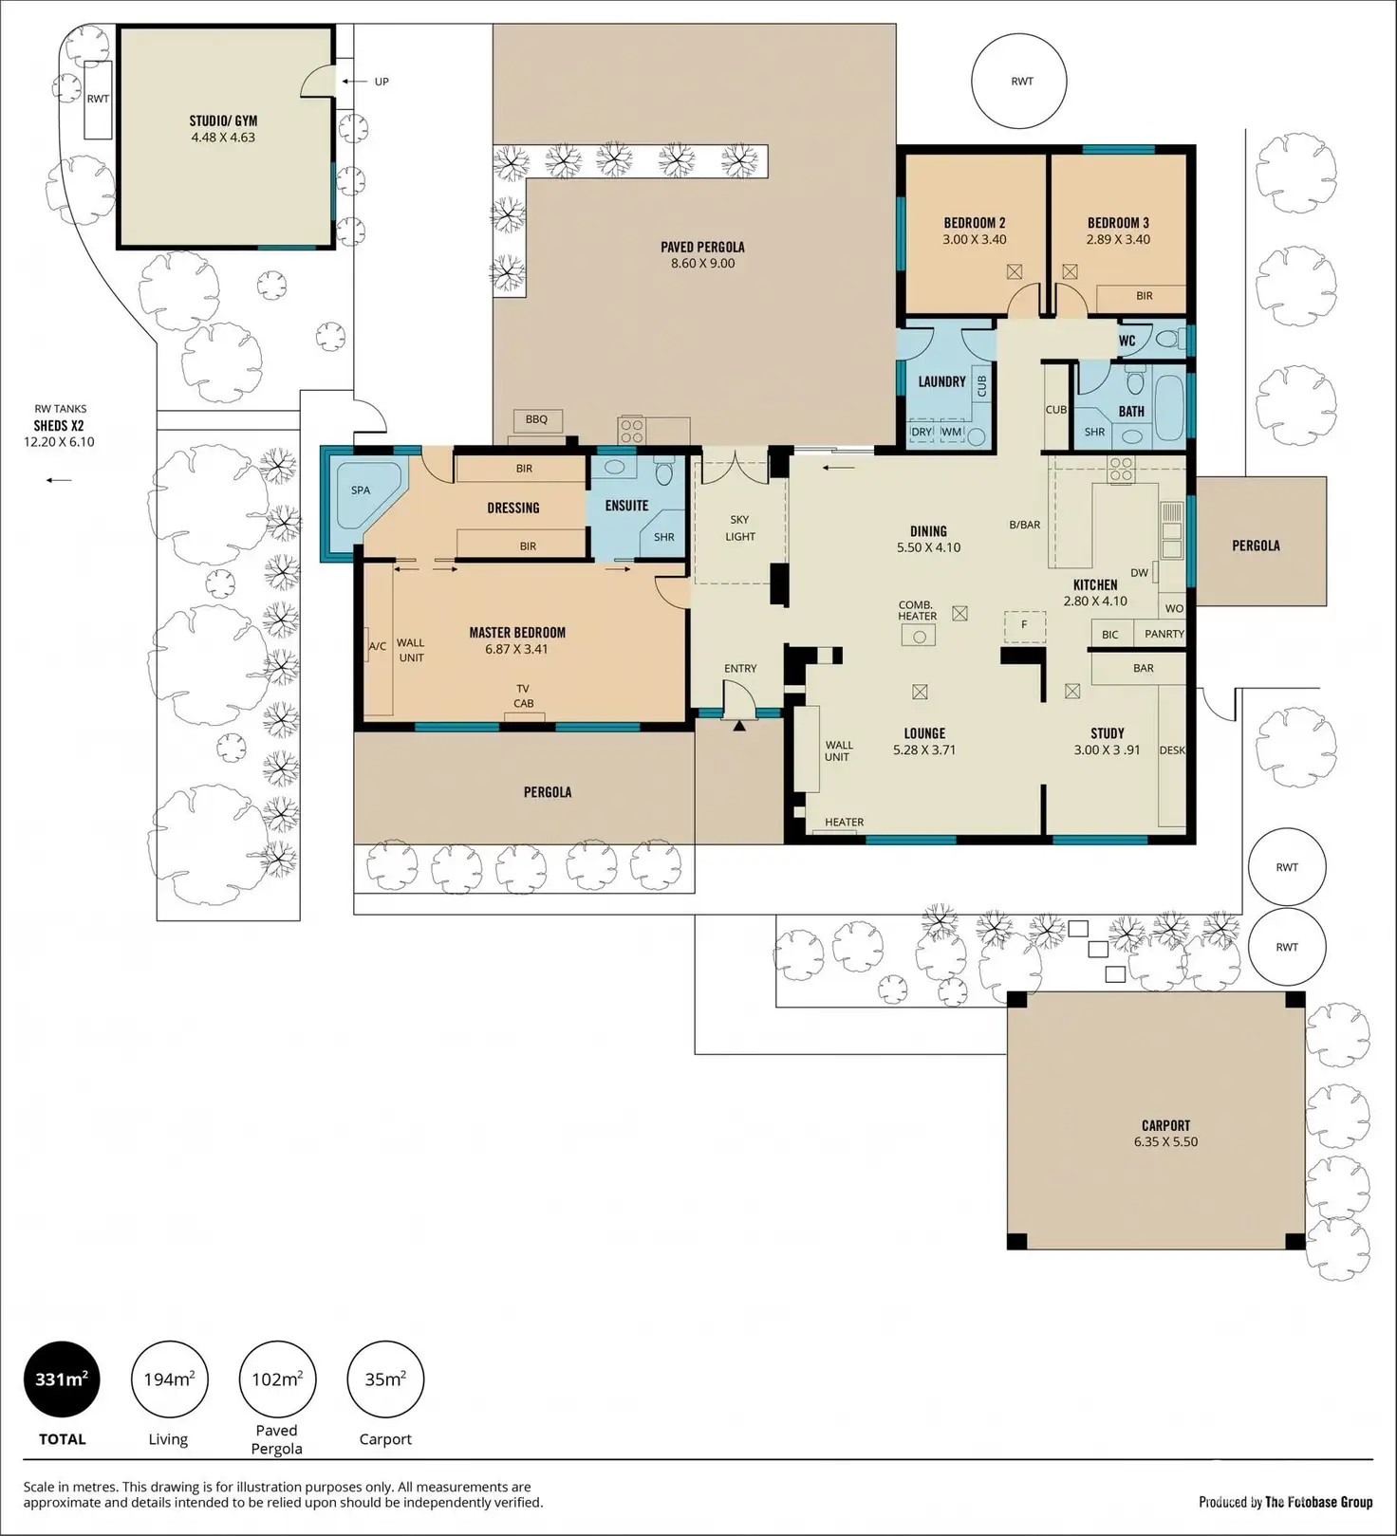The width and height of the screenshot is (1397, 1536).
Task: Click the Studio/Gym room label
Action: (223, 120)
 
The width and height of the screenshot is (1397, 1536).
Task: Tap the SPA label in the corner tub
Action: (361, 490)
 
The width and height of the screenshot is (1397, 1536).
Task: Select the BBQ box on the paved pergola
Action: (537, 419)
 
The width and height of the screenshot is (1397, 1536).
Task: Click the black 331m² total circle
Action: (62, 1379)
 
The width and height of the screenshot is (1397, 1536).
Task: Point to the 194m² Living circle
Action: (169, 1379)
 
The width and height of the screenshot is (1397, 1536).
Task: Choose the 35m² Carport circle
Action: (385, 1379)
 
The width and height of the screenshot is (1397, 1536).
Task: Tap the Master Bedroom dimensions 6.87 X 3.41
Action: (517, 650)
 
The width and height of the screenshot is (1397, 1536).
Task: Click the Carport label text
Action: (1165, 1125)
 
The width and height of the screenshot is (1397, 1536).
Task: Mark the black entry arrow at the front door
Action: (739, 726)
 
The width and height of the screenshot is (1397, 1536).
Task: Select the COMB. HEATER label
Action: (918, 610)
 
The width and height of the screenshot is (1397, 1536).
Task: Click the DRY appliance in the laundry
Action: (922, 432)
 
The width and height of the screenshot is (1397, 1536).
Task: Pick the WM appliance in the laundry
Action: (951, 432)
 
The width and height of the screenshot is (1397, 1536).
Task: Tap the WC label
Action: (1127, 341)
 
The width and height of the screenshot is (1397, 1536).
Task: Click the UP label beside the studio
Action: (382, 82)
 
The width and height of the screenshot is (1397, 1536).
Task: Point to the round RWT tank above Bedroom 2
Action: (1019, 82)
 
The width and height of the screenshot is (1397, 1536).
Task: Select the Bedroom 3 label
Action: (1118, 223)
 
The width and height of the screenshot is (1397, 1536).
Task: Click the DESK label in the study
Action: (1172, 750)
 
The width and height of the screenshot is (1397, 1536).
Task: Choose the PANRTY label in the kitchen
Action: (1164, 634)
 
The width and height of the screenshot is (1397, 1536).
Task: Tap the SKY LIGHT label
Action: (740, 527)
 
